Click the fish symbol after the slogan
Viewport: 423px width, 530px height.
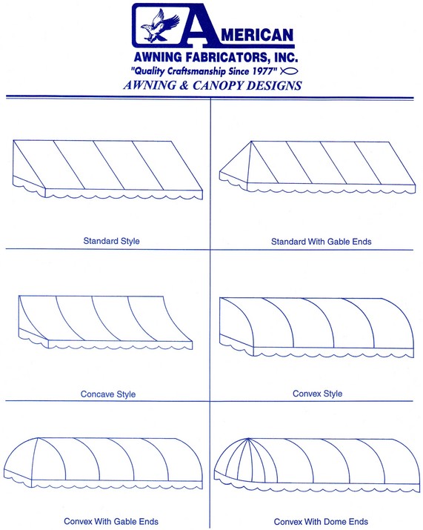point(289,71)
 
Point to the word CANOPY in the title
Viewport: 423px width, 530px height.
point(218,85)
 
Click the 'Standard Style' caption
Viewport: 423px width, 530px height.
point(111,241)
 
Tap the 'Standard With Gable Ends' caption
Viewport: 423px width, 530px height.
point(321,242)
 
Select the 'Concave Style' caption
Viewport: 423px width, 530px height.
point(107,394)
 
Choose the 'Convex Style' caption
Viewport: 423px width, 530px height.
point(317,394)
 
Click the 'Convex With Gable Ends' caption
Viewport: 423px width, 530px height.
point(111,521)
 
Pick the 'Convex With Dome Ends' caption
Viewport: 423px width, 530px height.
point(321,522)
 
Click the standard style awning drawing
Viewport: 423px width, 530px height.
point(107,170)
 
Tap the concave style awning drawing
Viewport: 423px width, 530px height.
point(105,322)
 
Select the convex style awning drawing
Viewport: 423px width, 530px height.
point(316,327)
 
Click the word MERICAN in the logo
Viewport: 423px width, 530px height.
point(258,35)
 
